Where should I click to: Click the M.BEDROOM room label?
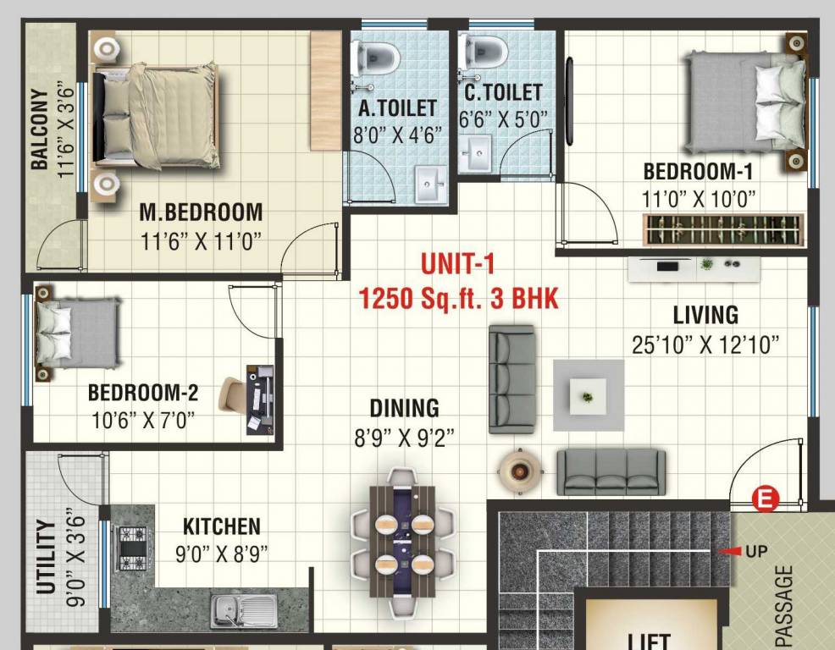(201, 212)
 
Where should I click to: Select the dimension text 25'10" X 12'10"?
(705, 344)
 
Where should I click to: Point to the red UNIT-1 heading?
(457, 264)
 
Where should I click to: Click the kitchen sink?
(244, 609)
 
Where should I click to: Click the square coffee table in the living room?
(588, 395)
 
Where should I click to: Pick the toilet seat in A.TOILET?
(378, 55)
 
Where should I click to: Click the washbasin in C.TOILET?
(478, 157)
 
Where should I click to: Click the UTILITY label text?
(47, 556)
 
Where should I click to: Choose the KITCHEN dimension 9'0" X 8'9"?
(222, 555)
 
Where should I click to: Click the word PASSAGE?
(784, 605)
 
